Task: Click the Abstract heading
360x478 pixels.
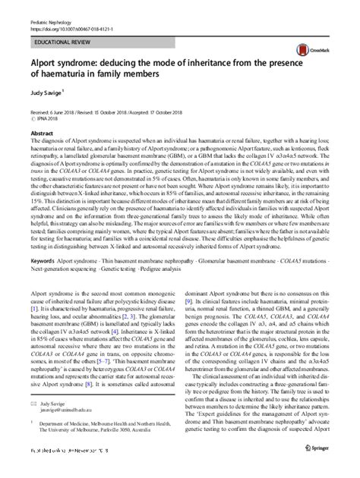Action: [x=43, y=131]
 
